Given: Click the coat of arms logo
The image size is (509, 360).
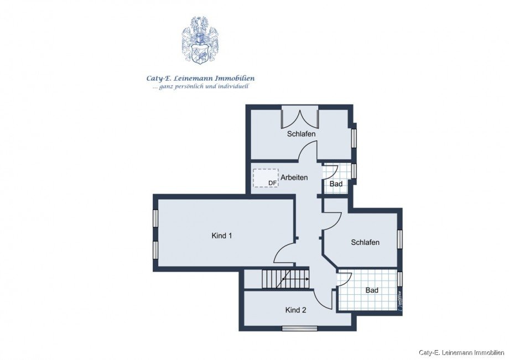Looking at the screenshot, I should pos(200,40).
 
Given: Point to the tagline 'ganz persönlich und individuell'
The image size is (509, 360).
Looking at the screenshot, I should pos(200,87).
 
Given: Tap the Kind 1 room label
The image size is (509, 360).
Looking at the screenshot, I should pos(221,236).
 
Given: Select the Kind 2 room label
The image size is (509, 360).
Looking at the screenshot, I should pos(295,310).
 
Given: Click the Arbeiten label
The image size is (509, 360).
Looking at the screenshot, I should pos(294,178).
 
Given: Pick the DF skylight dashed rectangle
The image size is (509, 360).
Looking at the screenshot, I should pos(265,178).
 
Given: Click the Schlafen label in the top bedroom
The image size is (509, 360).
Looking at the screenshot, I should pos(301,134).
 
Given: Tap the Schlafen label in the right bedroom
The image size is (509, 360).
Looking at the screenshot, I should pos(365,242).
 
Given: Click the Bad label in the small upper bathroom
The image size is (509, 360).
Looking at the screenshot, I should pos(336,184).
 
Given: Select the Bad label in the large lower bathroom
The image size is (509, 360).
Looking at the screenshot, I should pos(372,290).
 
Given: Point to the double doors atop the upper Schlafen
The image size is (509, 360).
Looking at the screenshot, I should pos(300,118).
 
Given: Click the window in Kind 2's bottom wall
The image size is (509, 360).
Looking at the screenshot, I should pos(299,328).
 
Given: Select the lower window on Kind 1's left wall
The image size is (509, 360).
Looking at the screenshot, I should pos(155,250).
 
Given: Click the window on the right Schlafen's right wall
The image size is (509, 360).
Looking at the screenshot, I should pos(399,239).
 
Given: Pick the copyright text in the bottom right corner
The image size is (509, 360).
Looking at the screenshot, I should pos(461,352).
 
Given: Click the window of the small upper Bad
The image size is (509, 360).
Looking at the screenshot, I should pos(354,171).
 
